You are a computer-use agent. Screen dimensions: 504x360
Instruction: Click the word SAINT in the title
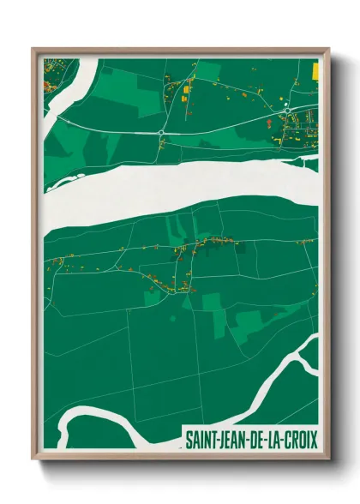201,441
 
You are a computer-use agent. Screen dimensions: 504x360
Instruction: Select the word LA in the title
275,441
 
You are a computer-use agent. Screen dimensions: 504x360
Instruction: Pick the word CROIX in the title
301,441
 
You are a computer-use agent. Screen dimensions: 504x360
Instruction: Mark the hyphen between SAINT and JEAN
218,441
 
